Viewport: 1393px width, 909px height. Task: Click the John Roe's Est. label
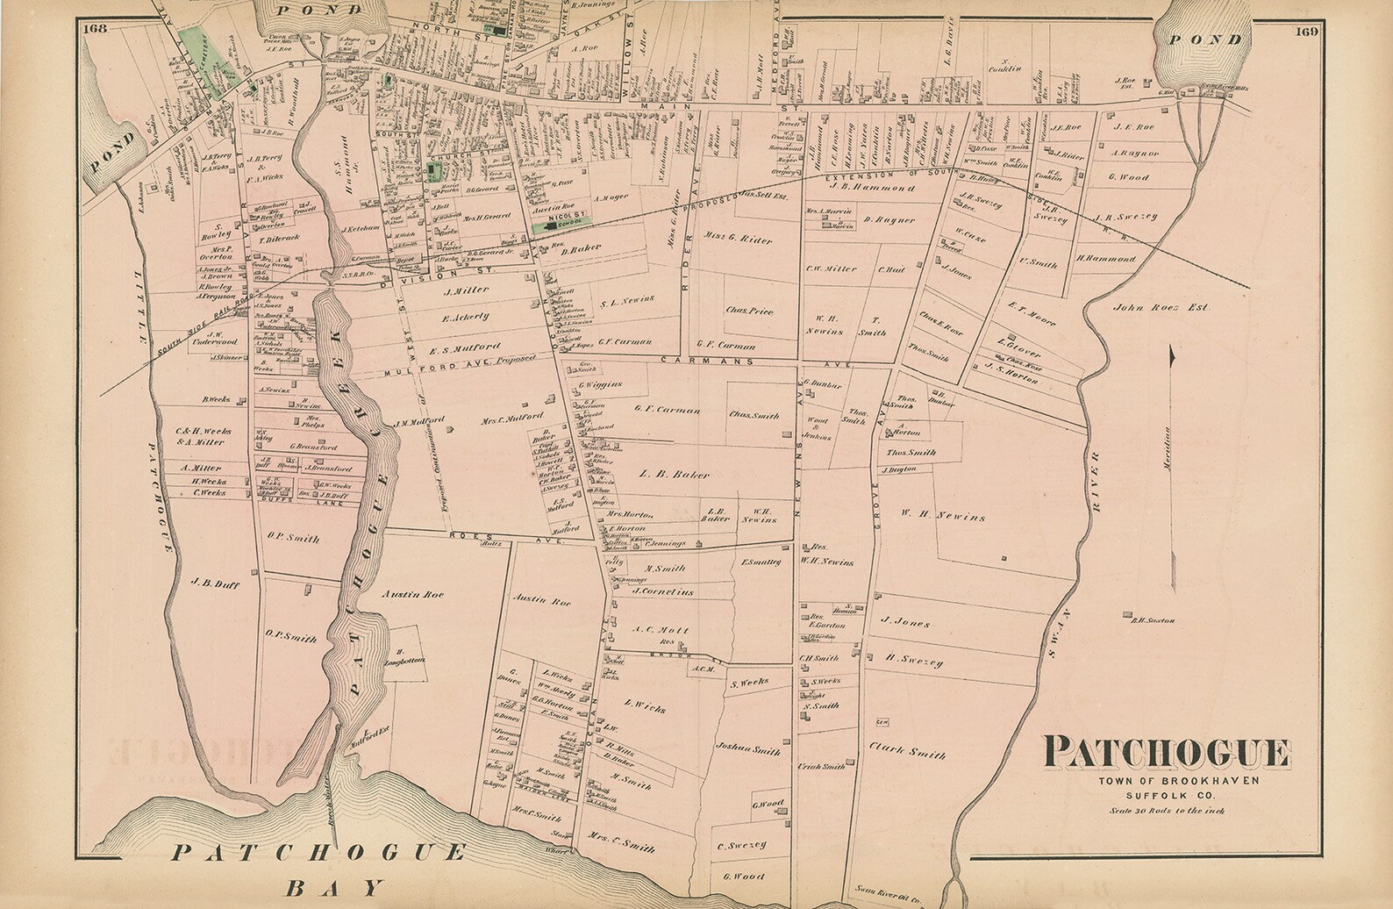click(1161, 308)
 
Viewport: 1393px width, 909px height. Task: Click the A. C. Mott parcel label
click(661, 630)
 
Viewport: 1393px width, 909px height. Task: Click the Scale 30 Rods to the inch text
click(1166, 810)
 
